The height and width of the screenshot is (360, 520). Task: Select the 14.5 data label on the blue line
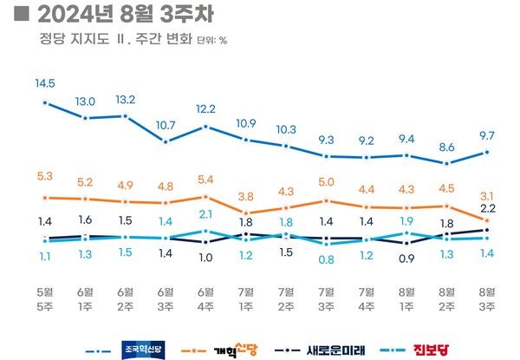[x=45, y=83]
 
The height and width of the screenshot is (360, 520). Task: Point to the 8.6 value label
[x=446, y=147]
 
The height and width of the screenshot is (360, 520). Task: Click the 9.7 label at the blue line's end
[x=486, y=135]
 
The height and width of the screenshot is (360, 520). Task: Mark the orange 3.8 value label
[x=246, y=196]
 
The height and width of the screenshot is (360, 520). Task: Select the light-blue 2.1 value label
[x=206, y=213]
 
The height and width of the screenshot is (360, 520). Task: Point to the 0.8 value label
[x=326, y=259]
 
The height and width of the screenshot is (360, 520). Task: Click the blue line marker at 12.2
[x=206, y=127]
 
